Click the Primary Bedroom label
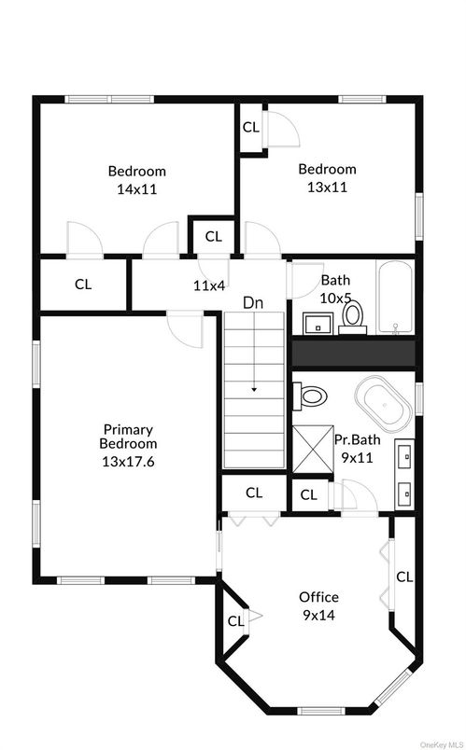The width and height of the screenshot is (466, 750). coord(128,437)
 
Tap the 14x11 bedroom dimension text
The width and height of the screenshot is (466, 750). coord(137,189)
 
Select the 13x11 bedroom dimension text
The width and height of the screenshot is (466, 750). coord(327,187)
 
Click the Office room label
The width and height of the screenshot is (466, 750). coord(319,597)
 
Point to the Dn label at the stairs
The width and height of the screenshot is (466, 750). coord(253,303)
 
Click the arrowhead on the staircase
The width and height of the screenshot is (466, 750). coord(254,390)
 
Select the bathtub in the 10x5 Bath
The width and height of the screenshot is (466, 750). coord(395,297)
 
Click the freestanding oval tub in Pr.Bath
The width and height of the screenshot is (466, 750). coord(384,400)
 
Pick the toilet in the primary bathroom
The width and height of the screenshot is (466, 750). coord(310,396)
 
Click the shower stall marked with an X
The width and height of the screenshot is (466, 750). coord(313,449)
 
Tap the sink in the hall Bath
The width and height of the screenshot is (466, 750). coord(318,324)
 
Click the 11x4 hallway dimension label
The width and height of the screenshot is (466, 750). coord(209,285)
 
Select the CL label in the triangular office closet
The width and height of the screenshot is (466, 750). coord(235,621)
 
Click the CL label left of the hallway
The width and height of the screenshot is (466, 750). coord(83,285)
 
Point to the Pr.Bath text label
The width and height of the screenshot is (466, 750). coord(358,439)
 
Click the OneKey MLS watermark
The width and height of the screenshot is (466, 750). coord(443,745)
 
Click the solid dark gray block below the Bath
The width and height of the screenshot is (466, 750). coord(353,354)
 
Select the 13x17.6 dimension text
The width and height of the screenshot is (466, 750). coord(128,462)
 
